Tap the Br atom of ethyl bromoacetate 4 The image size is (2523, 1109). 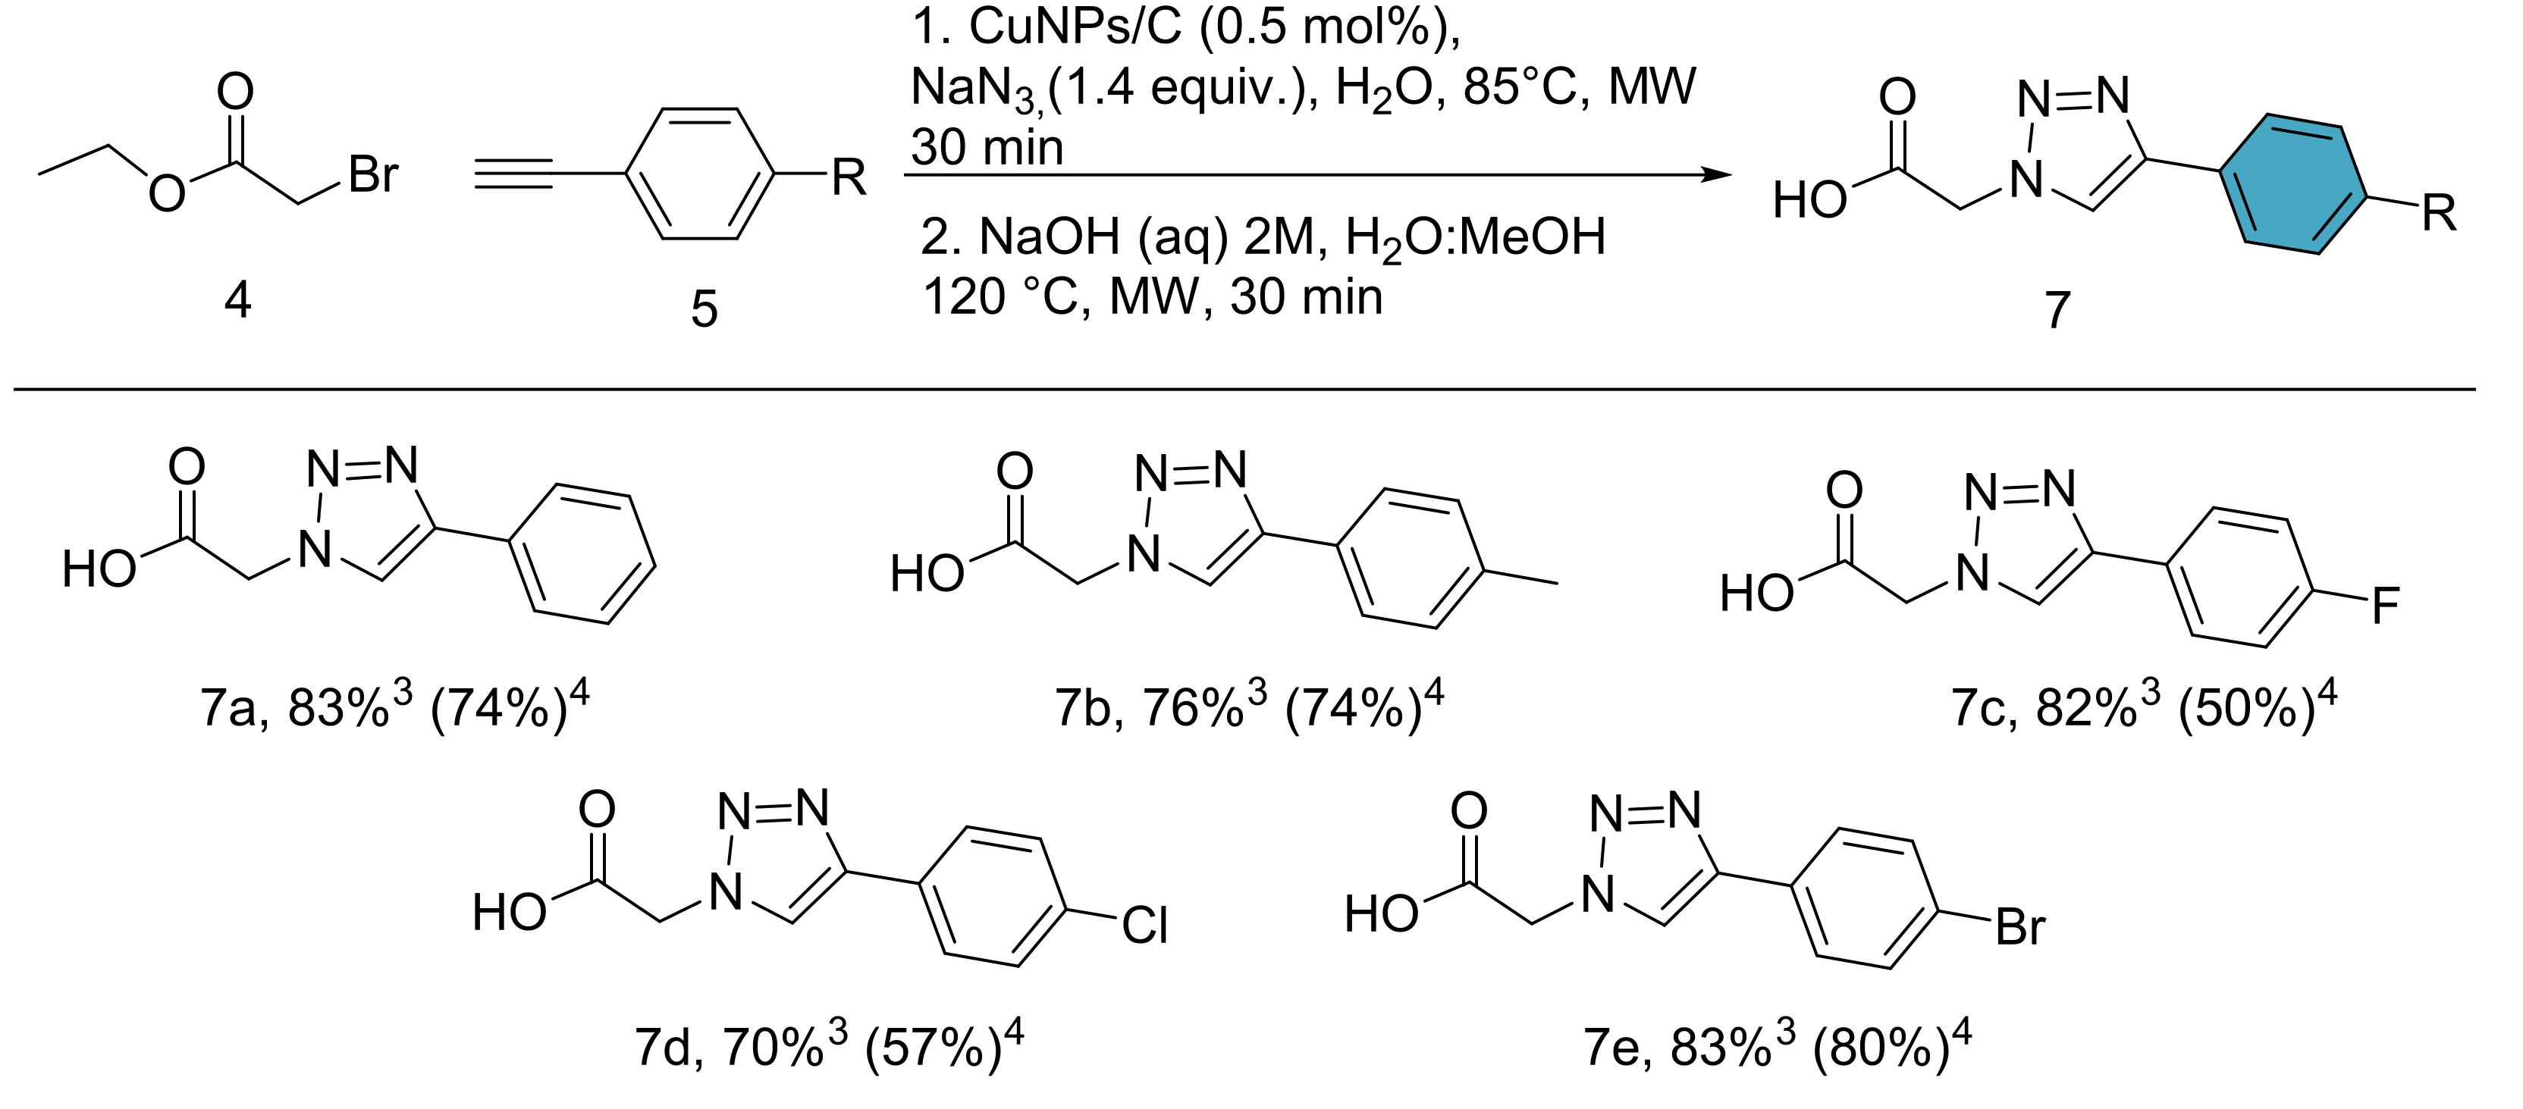tap(372, 176)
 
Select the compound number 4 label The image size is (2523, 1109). tap(238, 300)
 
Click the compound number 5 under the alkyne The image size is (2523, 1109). tap(704, 309)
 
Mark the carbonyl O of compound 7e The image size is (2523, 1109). tap(1468, 811)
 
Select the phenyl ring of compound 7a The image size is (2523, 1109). tap(582, 553)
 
